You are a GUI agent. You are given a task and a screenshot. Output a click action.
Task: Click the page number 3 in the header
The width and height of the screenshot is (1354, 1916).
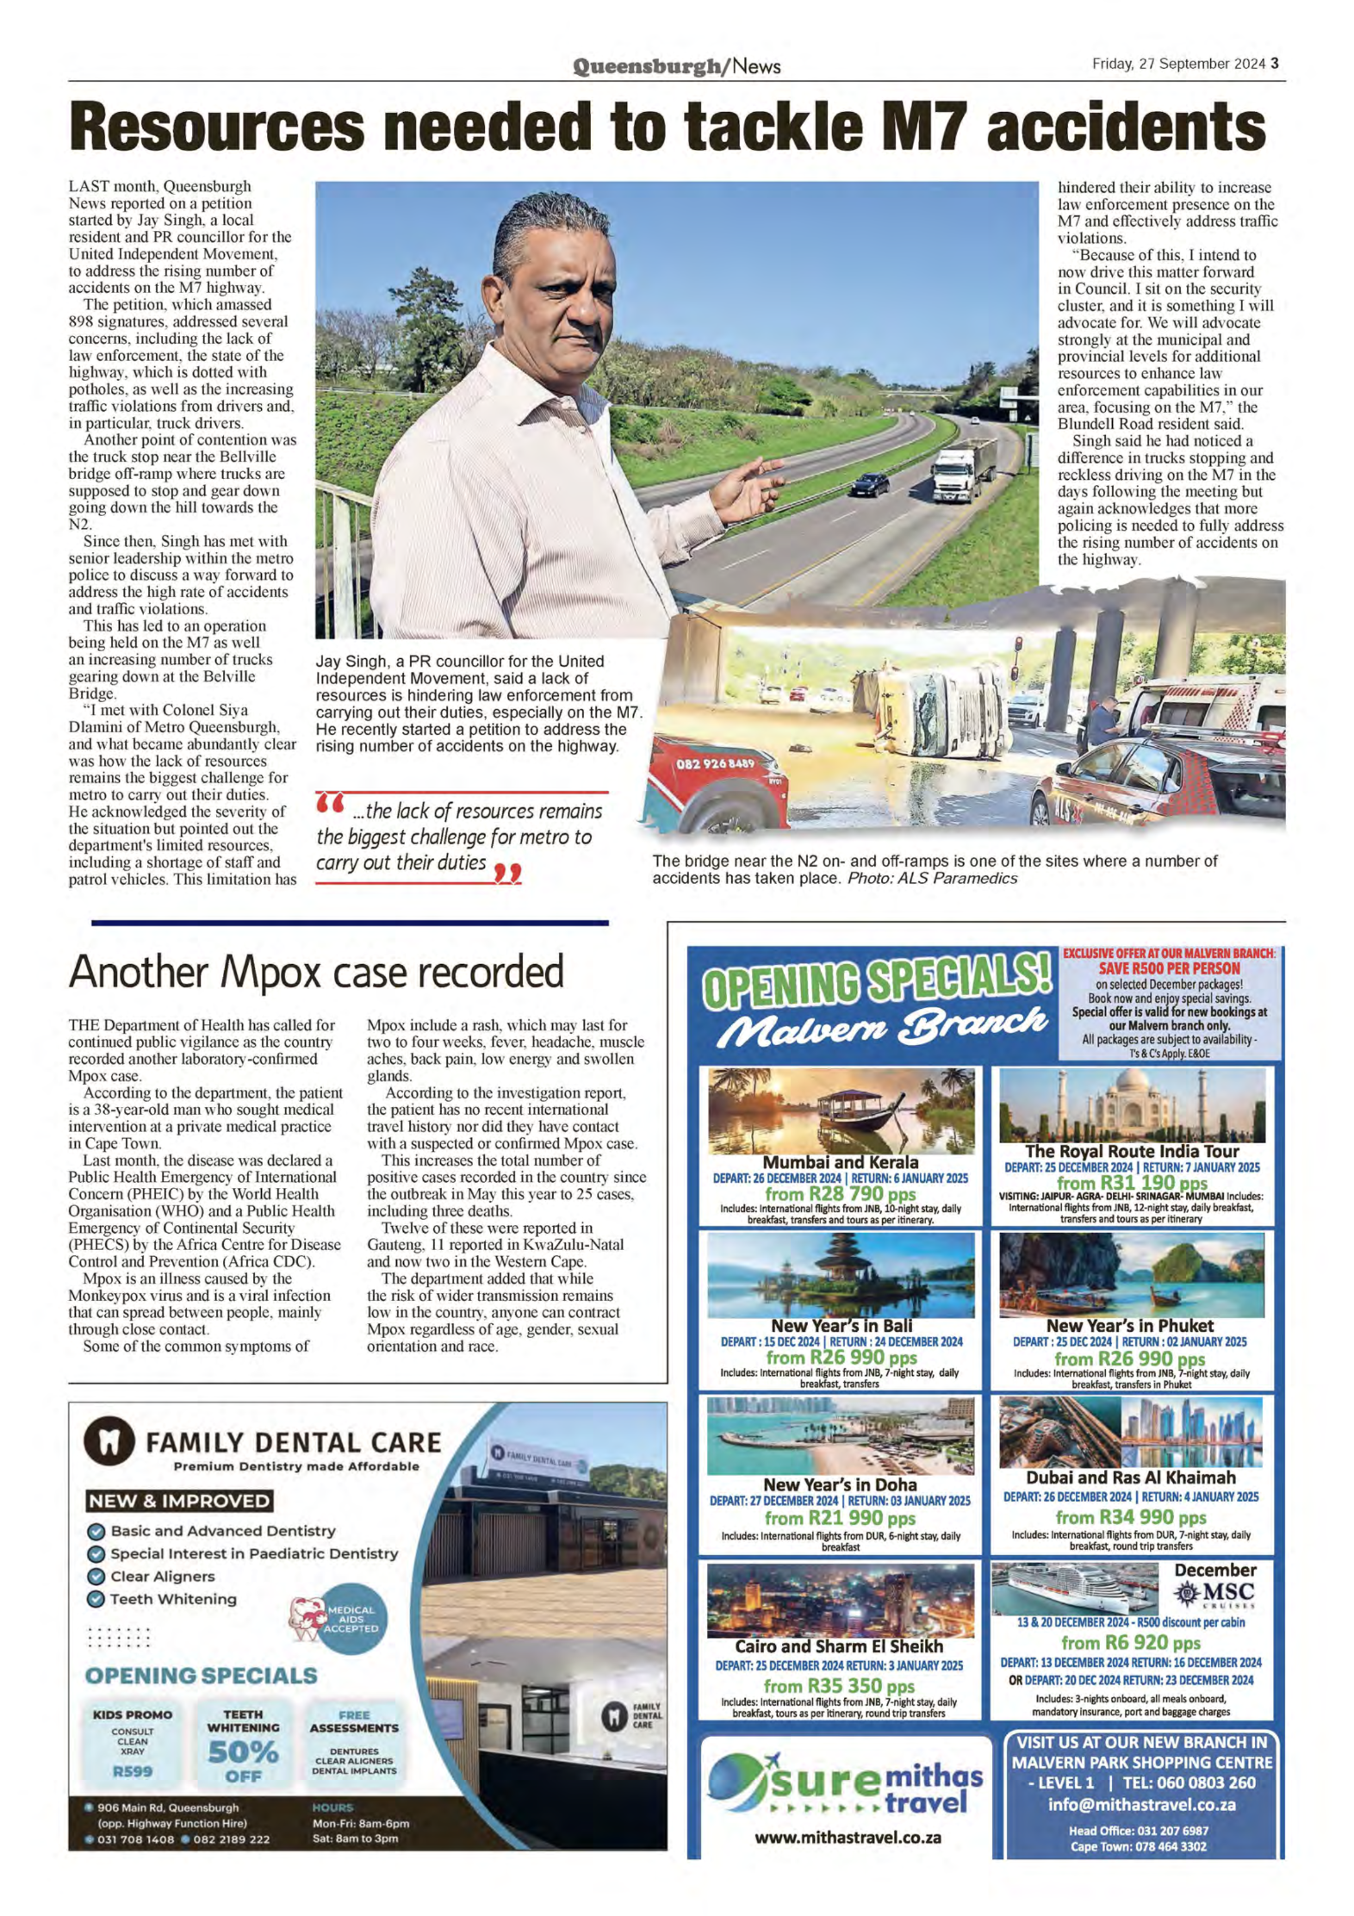pyautogui.click(x=1275, y=64)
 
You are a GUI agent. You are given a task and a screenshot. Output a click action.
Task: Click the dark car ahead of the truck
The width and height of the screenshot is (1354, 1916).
pyautogui.click(x=869, y=485)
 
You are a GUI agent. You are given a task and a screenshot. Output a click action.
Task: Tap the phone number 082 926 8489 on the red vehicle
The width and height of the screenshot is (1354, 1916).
pyautogui.click(x=715, y=763)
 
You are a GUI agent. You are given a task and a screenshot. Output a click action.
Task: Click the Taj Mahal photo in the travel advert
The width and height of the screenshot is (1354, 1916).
pyautogui.click(x=1131, y=1105)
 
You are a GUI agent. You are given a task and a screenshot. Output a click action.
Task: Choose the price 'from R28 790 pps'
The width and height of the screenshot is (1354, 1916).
pyautogui.click(x=840, y=1194)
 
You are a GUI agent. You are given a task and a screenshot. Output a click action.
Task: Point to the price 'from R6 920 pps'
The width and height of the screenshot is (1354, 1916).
pyautogui.click(x=1129, y=1643)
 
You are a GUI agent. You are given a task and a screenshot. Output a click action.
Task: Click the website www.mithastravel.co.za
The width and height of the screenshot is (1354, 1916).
pyautogui.click(x=847, y=1837)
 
